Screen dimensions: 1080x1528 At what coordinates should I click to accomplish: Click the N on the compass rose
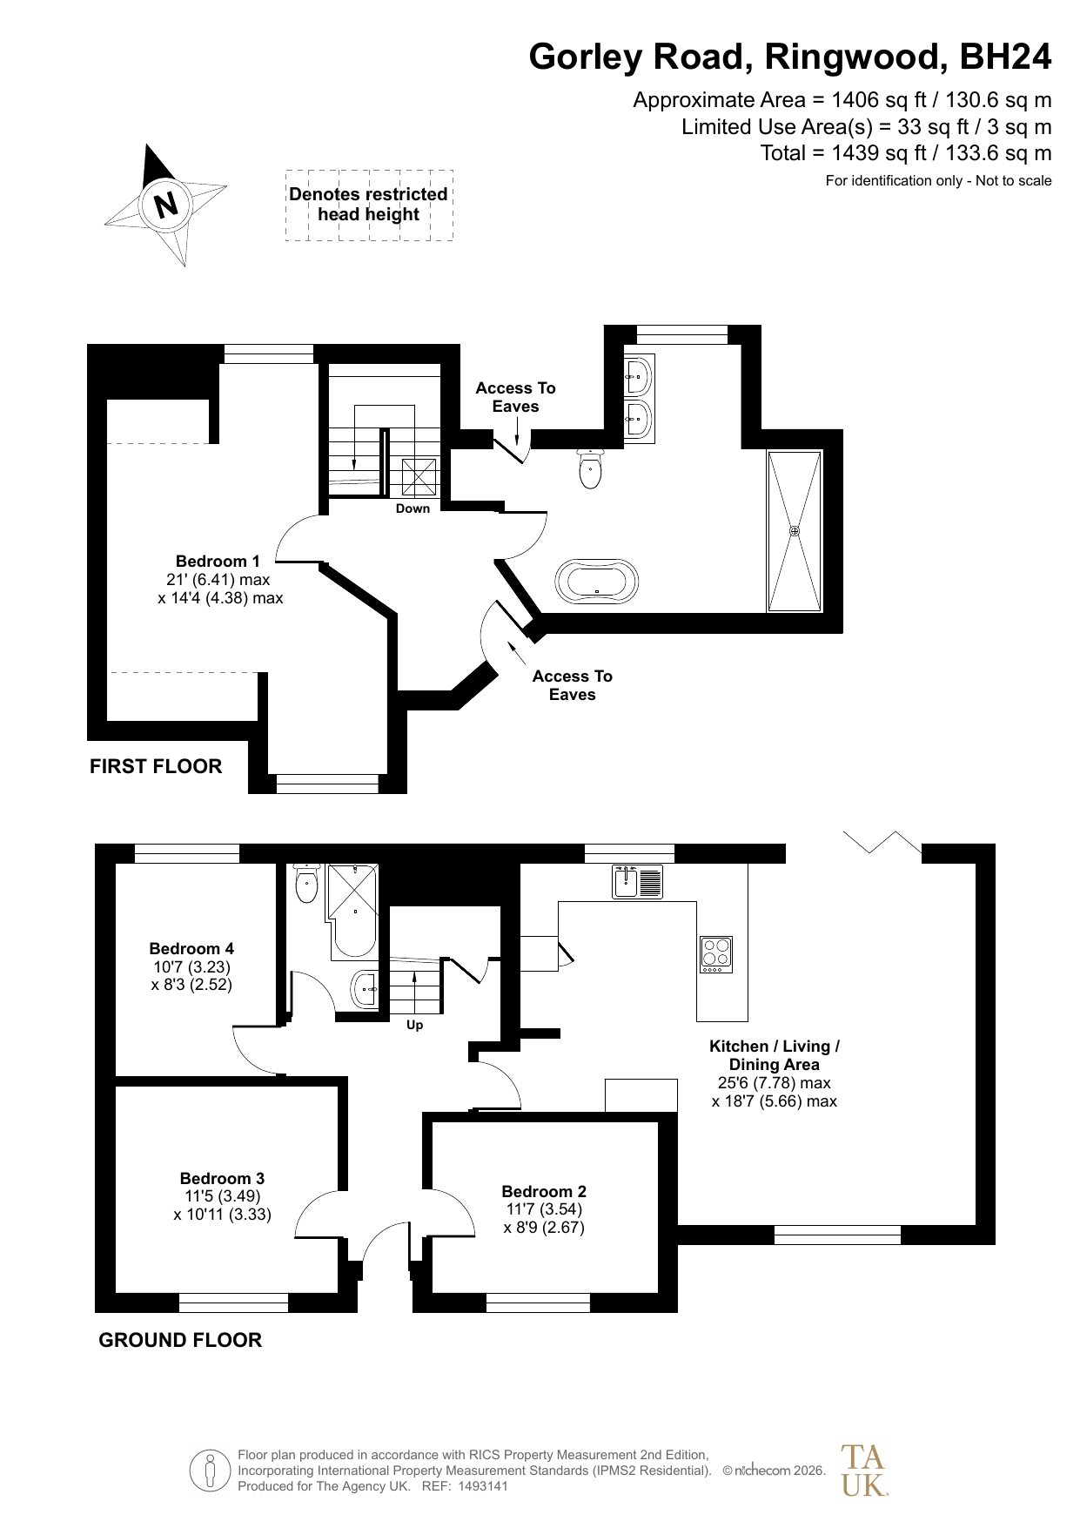[165, 205]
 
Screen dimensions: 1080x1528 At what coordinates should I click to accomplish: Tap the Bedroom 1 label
[218, 561]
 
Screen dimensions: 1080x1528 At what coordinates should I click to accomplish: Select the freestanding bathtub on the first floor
[597, 581]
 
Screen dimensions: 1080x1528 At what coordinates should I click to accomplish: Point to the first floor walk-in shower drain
[794, 530]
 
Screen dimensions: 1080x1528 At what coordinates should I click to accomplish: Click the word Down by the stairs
[413, 508]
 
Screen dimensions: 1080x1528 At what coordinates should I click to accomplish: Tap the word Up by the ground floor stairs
[415, 1025]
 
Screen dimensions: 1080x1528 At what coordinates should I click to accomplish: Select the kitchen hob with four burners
[716, 954]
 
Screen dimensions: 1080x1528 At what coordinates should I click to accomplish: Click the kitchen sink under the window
[637, 881]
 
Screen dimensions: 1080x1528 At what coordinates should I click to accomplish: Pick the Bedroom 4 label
[191, 948]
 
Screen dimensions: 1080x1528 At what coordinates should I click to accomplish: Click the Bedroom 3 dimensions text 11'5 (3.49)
[222, 1196]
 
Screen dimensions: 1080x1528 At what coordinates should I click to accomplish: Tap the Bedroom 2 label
[544, 1191]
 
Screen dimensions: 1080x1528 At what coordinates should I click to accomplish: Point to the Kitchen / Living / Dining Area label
[775, 1055]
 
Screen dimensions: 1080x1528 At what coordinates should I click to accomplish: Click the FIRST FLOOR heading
[156, 766]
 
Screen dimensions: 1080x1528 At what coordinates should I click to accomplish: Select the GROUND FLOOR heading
[180, 1340]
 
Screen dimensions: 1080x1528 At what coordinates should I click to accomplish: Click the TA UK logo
[863, 1470]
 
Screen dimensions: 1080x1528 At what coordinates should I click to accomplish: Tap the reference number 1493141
[479, 1486]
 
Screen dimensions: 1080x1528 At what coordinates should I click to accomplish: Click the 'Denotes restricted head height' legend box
[369, 205]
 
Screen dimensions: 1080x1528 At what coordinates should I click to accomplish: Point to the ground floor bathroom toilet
[307, 883]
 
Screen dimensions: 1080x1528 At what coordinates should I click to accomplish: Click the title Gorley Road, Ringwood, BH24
[790, 57]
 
